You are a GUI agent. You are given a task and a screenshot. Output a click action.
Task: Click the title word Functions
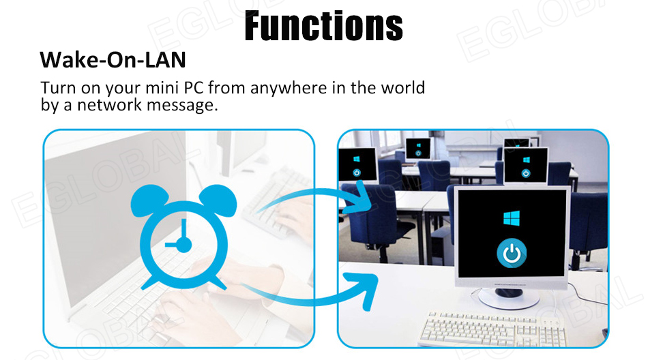(323, 26)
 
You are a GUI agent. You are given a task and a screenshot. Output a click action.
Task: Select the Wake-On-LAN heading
(113, 60)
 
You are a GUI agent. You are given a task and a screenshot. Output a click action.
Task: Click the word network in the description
(110, 104)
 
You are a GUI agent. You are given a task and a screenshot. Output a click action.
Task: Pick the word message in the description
(182, 106)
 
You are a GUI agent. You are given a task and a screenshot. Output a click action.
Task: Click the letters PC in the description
(194, 88)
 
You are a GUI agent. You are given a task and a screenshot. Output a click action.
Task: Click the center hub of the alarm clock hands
(183, 245)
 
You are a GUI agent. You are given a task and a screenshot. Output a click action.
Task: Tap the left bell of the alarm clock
(149, 200)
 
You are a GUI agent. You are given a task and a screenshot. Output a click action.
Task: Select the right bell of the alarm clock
(218, 200)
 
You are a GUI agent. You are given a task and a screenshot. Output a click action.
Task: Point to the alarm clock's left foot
(149, 283)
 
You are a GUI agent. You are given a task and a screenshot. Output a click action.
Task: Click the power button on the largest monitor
(512, 253)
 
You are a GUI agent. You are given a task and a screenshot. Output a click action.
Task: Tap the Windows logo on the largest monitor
(512, 218)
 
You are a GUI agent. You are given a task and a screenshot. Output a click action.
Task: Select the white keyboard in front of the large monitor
(492, 329)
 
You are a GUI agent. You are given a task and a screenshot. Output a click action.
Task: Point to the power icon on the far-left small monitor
(357, 172)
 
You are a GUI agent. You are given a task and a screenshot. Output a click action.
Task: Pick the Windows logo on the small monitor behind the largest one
(526, 160)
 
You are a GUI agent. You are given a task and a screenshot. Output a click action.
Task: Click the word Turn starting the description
(58, 88)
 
